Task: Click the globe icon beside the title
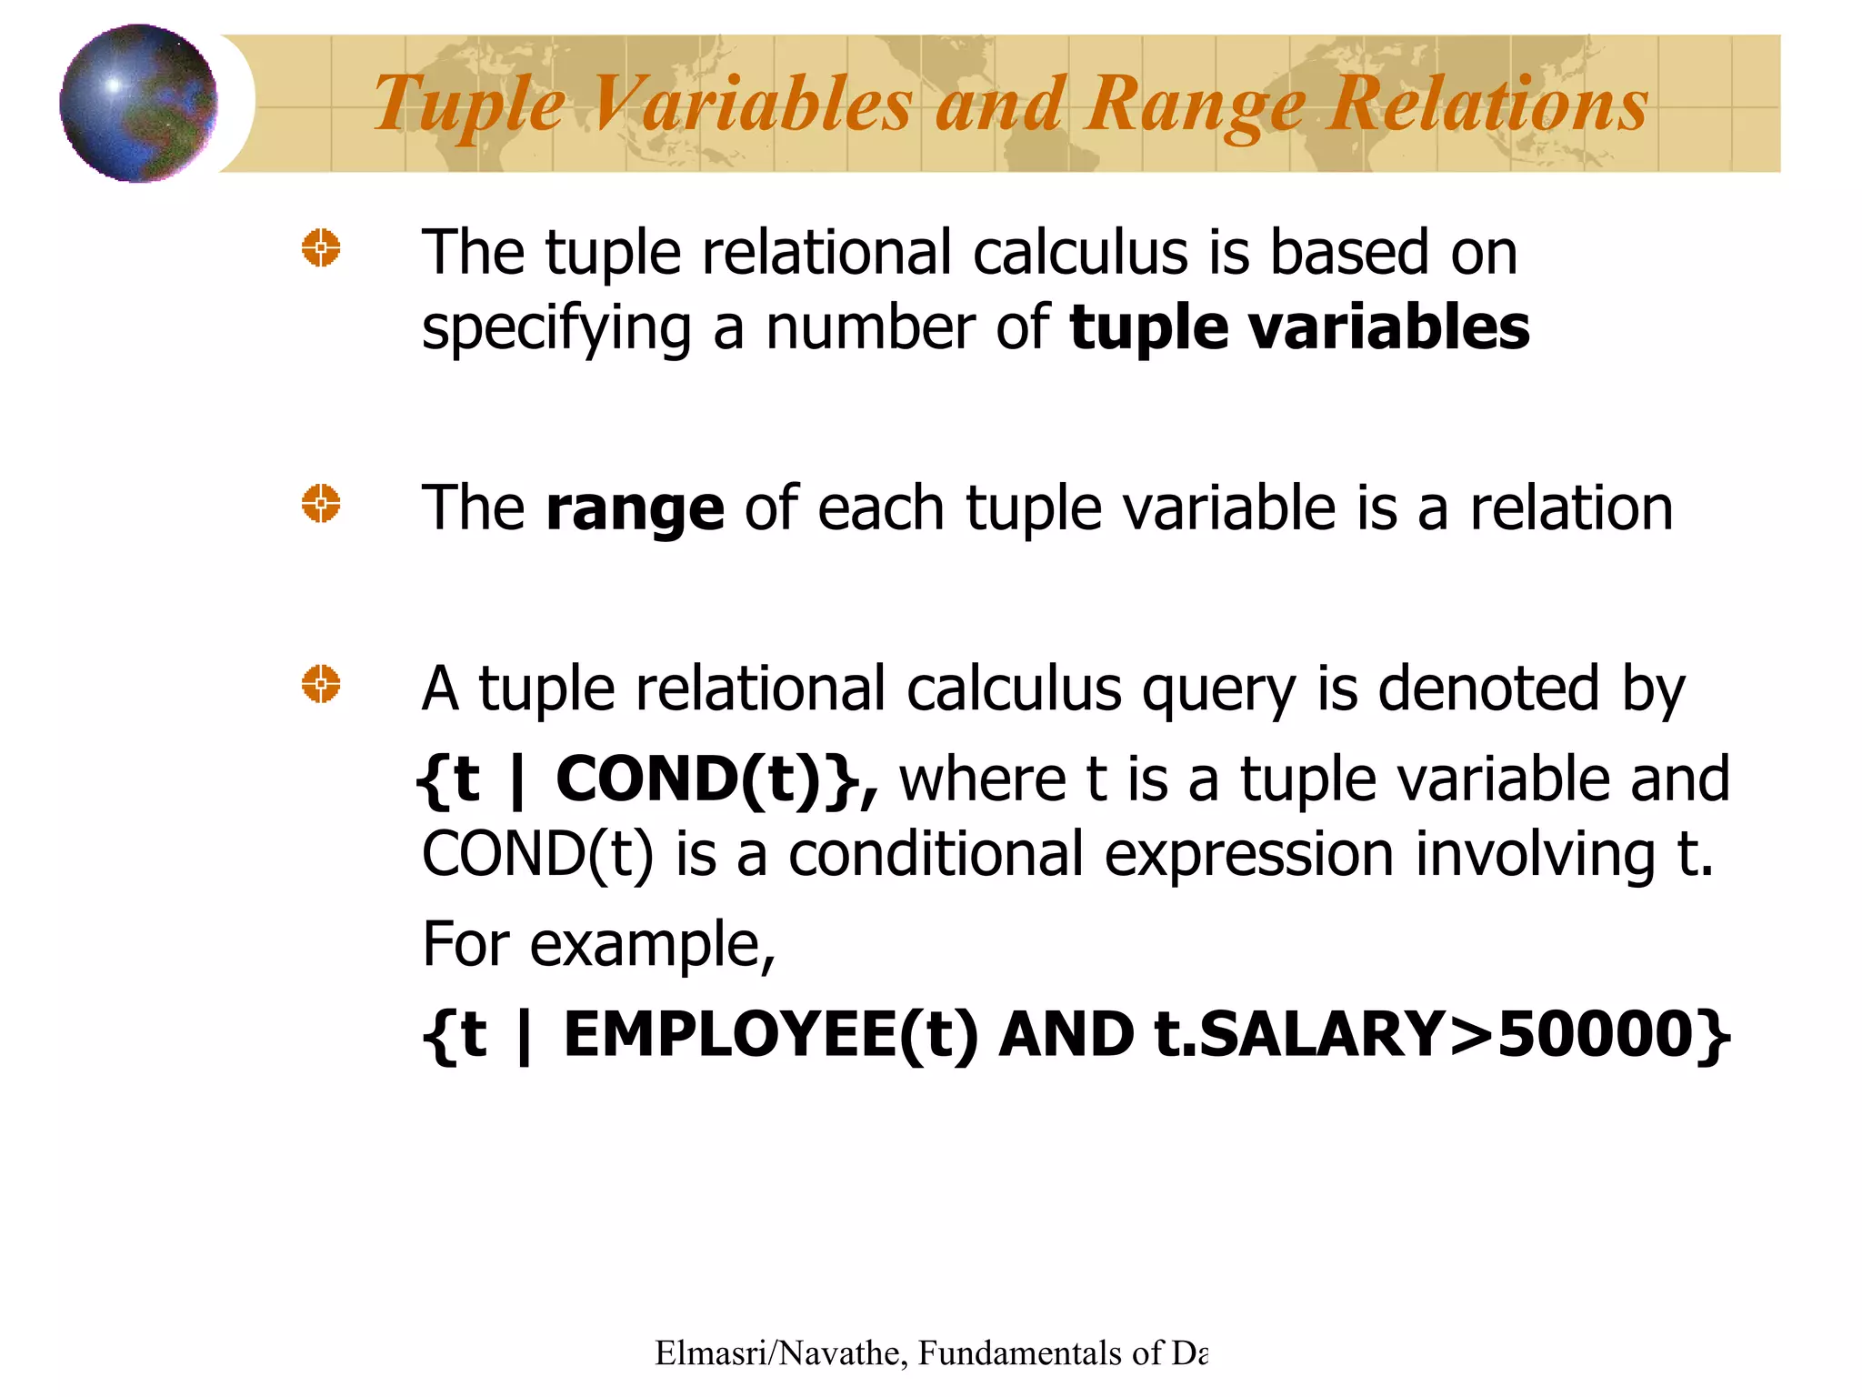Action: click(x=138, y=103)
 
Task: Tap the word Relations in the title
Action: click(x=1487, y=104)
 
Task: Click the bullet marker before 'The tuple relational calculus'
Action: click(x=321, y=247)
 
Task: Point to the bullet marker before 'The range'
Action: click(x=321, y=504)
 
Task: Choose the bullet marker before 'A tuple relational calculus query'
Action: click(x=321, y=684)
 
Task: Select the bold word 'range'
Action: click(x=635, y=508)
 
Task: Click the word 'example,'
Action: click(x=652, y=945)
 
